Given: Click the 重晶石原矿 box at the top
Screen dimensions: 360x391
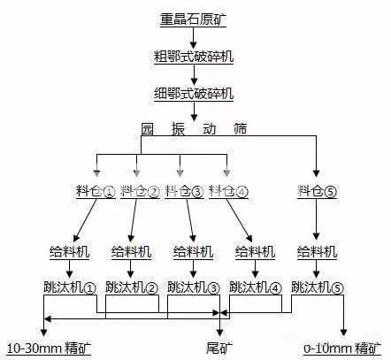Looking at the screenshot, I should click(x=192, y=19).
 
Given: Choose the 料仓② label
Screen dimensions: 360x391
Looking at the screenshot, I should click(x=140, y=190).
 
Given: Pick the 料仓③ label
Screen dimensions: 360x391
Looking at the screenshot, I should click(x=184, y=190).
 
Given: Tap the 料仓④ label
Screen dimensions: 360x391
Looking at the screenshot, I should click(x=228, y=190).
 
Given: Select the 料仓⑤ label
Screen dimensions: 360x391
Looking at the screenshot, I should click(x=318, y=190).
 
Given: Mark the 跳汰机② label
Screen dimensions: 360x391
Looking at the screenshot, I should click(x=131, y=287).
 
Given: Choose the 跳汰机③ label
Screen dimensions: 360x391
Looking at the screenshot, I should click(x=193, y=287).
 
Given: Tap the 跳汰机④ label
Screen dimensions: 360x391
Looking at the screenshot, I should click(x=255, y=287).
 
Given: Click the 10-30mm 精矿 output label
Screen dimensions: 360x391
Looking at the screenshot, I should click(x=49, y=345).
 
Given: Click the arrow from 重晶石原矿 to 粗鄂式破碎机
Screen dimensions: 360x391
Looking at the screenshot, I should click(x=192, y=36).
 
